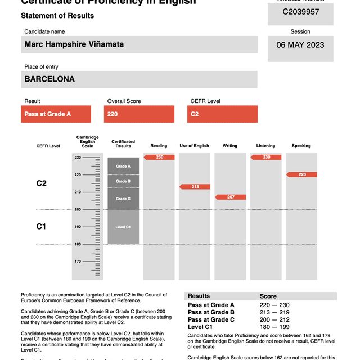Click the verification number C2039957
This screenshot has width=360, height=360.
tap(300, 11)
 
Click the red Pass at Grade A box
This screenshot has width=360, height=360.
tap(56, 114)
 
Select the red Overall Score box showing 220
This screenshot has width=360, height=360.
tap(139, 114)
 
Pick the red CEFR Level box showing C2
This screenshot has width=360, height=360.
tap(222, 114)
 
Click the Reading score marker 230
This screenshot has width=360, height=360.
tap(159, 157)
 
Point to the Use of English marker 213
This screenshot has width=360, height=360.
tap(195, 186)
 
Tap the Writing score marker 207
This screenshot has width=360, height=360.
tap(231, 197)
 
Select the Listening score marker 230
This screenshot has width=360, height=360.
tap(266, 157)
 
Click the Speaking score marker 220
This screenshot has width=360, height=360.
tap(301, 174)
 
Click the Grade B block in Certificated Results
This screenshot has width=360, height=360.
tap(123, 181)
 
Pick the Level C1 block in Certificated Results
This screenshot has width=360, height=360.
tap(123, 227)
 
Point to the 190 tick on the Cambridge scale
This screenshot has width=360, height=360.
tap(78, 227)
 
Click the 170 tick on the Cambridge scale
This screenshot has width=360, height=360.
tap(78, 262)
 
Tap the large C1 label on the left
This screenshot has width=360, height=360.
tap(41, 227)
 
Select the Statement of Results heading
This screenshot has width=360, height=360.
tap(57, 16)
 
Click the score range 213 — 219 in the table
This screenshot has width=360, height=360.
tap(277, 312)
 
